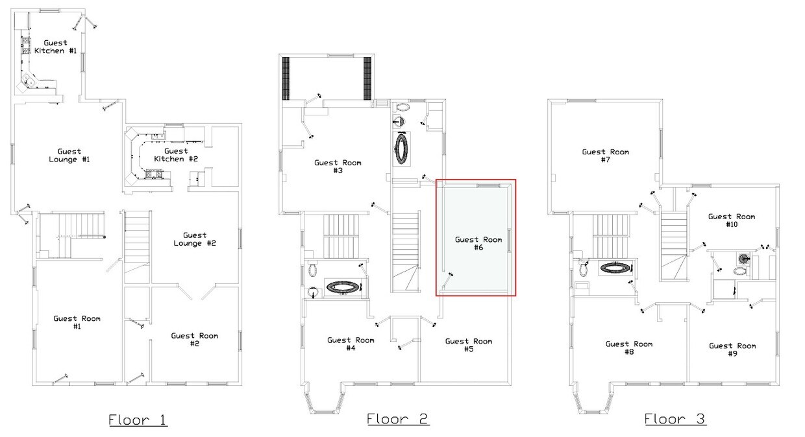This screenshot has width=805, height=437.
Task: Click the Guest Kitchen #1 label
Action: pyautogui.click(x=56, y=47)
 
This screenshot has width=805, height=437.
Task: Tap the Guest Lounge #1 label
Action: pyautogui.click(x=69, y=156)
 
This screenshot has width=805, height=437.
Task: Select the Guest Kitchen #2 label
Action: pyautogui.click(x=176, y=155)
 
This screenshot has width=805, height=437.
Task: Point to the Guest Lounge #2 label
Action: pyautogui.click(x=195, y=239)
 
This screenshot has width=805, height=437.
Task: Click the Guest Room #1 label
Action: pyautogui.click(x=77, y=322)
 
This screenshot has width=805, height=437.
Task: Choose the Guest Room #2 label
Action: pyautogui.click(x=194, y=339)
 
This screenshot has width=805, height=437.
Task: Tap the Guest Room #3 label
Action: pyautogui.click(x=338, y=167)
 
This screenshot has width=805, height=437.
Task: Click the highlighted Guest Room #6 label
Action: pyautogui.click(x=478, y=243)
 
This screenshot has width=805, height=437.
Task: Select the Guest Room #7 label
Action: pyautogui.click(x=606, y=156)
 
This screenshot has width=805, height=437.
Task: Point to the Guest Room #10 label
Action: pyautogui.click(x=732, y=220)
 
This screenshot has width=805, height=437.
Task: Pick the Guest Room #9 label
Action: pyautogui.click(x=732, y=349)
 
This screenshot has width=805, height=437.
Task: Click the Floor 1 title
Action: pyautogui.click(x=138, y=419)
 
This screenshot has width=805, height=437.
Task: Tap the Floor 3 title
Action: pyautogui.click(x=675, y=419)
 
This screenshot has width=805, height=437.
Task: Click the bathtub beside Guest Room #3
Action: pyautogui.click(x=402, y=148)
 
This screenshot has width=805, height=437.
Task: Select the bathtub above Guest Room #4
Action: pyautogui.click(x=343, y=288)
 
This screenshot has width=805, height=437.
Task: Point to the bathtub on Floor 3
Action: pyautogui.click(x=616, y=267)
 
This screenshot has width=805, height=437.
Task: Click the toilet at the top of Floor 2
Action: pyautogui.click(x=402, y=107)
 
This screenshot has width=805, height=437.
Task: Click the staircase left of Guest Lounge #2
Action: pyautogui.click(x=137, y=247)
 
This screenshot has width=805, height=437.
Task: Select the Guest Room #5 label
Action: pyautogui.click(x=469, y=345)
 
